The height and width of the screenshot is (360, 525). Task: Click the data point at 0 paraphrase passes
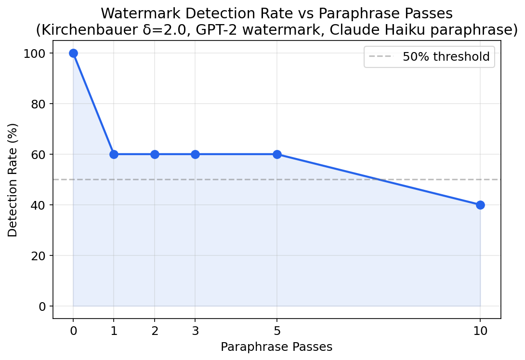tap(73, 53)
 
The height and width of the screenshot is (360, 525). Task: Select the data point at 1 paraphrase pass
tap(114, 154)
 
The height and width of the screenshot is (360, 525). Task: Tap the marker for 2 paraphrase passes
tap(155, 154)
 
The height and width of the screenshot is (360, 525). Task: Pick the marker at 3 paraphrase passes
tap(195, 154)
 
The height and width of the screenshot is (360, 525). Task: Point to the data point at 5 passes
tap(277, 154)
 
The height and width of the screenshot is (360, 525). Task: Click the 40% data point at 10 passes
tap(480, 205)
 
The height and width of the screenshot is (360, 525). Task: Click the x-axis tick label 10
tap(480, 331)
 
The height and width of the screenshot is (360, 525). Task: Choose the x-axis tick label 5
tap(277, 331)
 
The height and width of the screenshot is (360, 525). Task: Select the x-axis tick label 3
tap(195, 331)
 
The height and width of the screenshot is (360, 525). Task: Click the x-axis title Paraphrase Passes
tap(276, 347)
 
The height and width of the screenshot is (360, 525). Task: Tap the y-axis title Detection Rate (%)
tap(13, 180)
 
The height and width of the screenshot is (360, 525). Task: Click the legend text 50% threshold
tap(446, 57)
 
